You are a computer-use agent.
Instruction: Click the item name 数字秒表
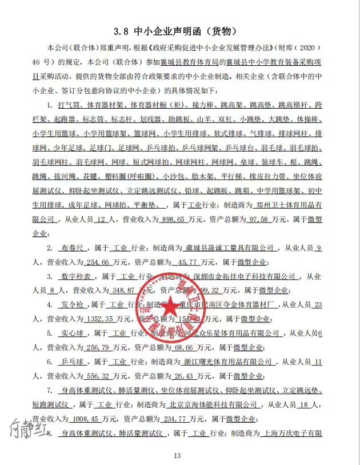[75, 277]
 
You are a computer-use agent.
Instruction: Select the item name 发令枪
[71, 305]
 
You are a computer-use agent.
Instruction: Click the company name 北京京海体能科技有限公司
[215, 404]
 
